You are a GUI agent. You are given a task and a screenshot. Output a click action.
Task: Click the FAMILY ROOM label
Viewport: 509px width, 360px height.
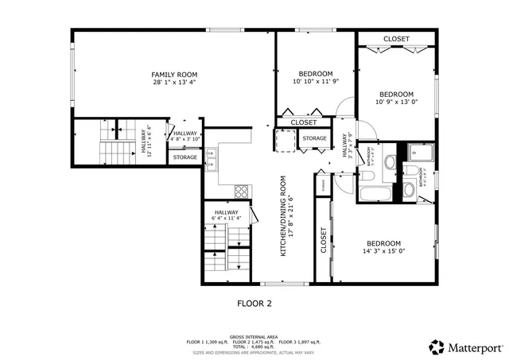pyautogui.click(x=173, y=74)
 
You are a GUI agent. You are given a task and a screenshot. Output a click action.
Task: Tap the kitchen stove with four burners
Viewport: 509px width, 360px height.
pyautogui.click(x=242, y=191)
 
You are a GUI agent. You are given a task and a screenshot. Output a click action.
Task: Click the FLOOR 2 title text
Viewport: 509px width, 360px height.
pyautogui.click(x=255, y=303)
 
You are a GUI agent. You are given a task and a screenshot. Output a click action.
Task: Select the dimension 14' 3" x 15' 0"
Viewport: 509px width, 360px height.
pyautogui.click(x=383, y=252)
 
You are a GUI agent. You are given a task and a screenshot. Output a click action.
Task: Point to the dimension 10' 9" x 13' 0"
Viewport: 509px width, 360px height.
pyautogui.click(x=395, y=102)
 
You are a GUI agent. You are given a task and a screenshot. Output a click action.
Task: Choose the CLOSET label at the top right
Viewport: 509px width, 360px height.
pyautogui.click(x=396, y=39)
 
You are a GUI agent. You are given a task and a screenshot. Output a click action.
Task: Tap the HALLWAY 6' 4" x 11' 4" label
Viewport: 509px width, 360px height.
pyautogui.click(x=226, y=215)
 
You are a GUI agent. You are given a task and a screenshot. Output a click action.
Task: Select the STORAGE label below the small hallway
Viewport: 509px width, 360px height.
pyautogui.click(x=185, y=157)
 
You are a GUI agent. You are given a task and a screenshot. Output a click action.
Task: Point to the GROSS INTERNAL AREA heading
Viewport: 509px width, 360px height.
pyautogui.click(x=254, y=336)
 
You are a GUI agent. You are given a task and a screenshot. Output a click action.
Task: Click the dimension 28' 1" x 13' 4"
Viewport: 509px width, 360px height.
pyautogui.click(x=173, y=82)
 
